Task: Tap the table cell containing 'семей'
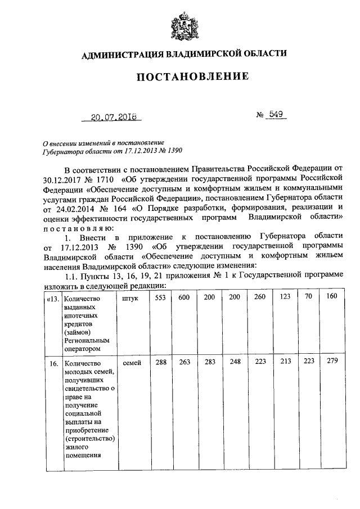point(130,363)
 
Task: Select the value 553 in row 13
point(160,298)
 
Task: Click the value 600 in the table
point(184,298)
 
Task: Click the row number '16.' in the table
point(54,364)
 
